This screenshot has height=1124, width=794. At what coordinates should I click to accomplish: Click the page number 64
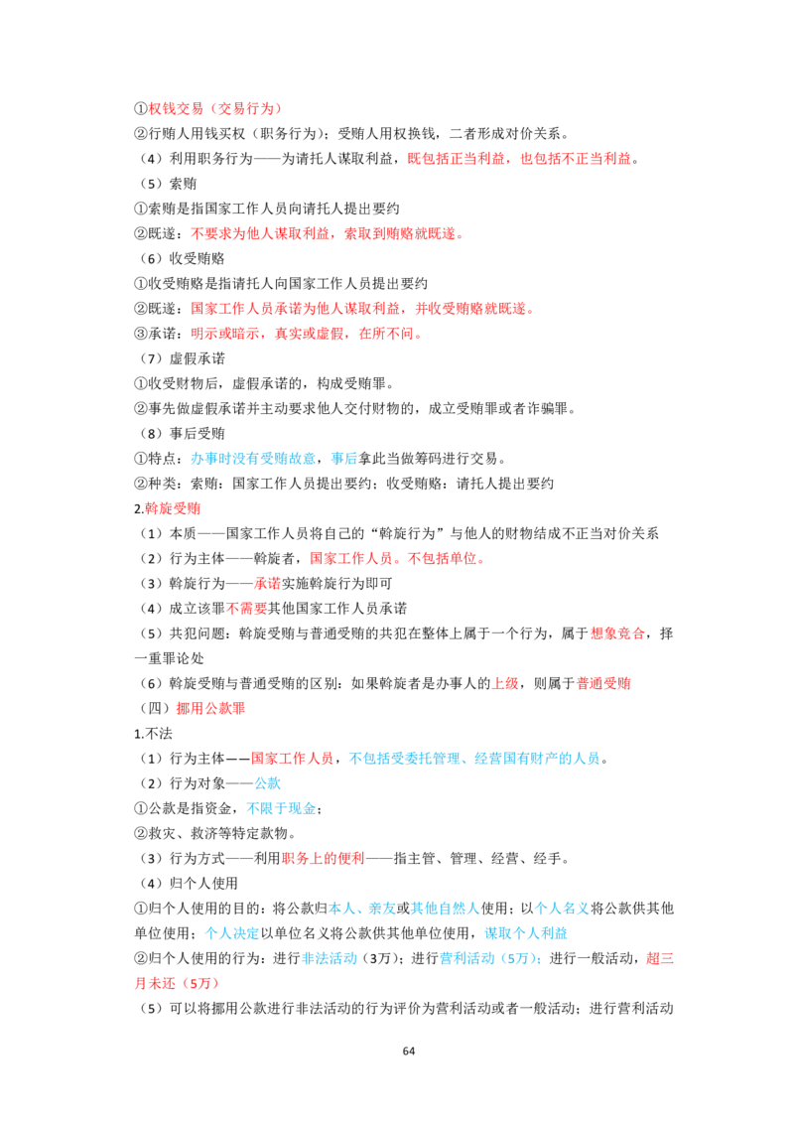click(409, 1051)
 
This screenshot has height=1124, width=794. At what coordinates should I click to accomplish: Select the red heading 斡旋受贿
click(173, 509)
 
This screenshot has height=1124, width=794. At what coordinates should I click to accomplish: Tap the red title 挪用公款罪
click(210, 709)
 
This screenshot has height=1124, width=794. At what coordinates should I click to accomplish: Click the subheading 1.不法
click(154, 734)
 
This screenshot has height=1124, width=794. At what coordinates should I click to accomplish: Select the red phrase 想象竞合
click(617, 633)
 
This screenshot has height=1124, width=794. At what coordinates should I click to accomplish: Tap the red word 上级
click(505, 684)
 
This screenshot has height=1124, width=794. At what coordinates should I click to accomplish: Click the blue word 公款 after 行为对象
click(267, 783)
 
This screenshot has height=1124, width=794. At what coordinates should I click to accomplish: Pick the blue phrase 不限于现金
click(281, 808)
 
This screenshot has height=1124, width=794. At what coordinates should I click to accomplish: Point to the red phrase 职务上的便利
click(324, 859)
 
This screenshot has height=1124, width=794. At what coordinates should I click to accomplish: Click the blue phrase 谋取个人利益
click(526, 933)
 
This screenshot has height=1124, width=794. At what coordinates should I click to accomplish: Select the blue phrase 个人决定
click(232, 933)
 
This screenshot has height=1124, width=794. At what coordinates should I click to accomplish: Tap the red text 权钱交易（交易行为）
click(215, 109)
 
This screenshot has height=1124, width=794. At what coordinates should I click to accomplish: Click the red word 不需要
click(246, 609)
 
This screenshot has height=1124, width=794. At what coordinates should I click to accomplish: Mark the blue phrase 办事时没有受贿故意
click(253, 459)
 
